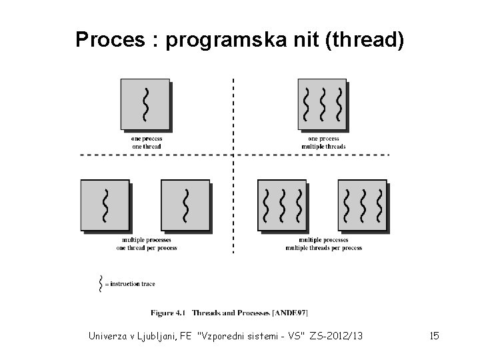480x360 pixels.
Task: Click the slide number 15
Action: pyautogui.click(x=434, y=336)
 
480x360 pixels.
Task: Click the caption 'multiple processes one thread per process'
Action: pyautogui.click(x=147, y=244)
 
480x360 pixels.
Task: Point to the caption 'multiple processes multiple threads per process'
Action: pyautogui.click(x=323, y=244)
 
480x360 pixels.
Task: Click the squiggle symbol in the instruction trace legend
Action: pyautogui.click(x=101, y=283)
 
